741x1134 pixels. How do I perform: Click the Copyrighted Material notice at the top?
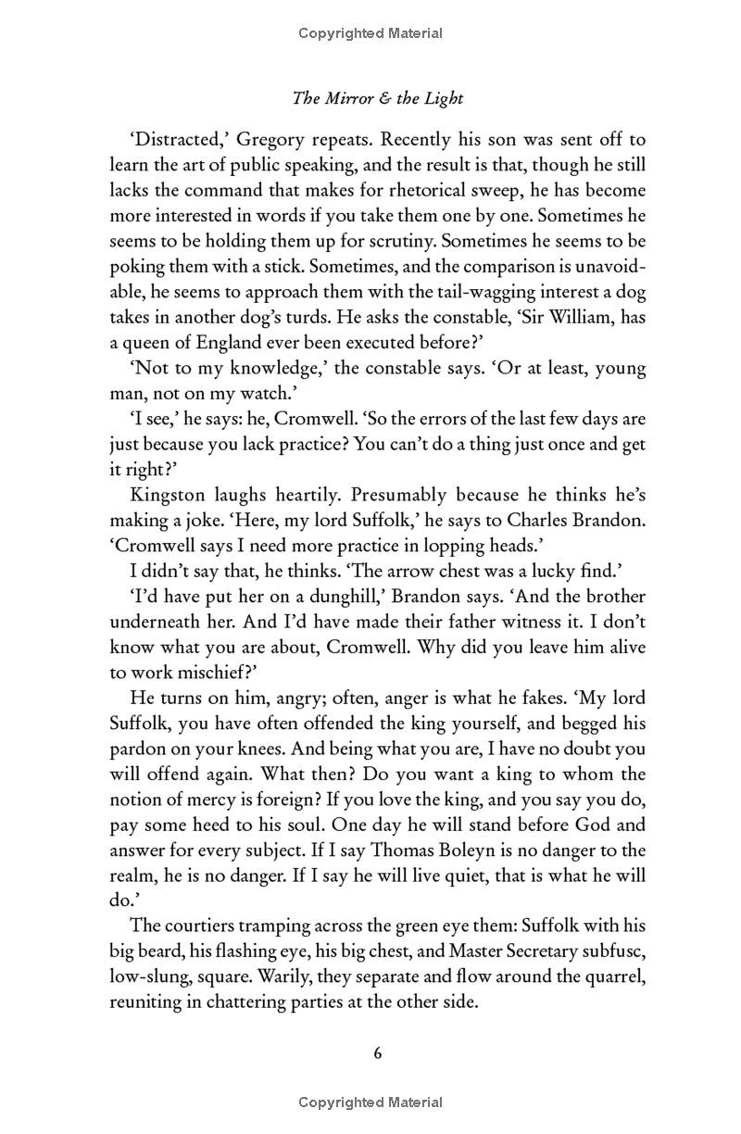(370, 33)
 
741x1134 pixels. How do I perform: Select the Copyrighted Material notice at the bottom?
(370, 1102)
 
